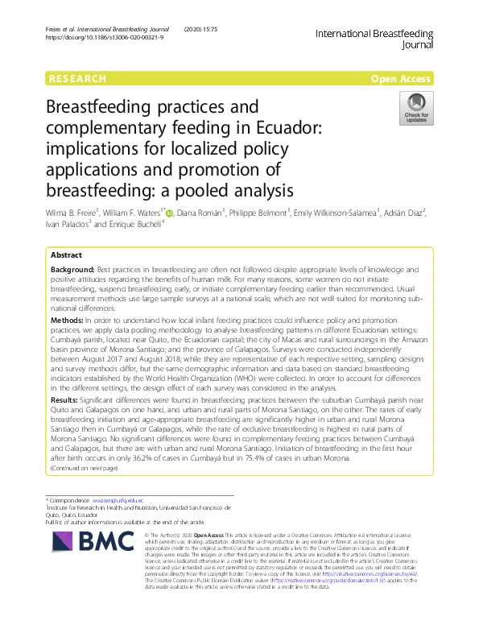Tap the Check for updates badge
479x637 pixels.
tap(416, 109)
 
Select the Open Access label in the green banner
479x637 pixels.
tap(402, 79)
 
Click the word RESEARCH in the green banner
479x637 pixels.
tap(77, 79)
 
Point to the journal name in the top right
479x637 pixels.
tap(374, 39)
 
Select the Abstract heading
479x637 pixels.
tap(66, 254)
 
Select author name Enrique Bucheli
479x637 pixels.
tap(142, 225)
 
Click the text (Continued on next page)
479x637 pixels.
tap(84, 468)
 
